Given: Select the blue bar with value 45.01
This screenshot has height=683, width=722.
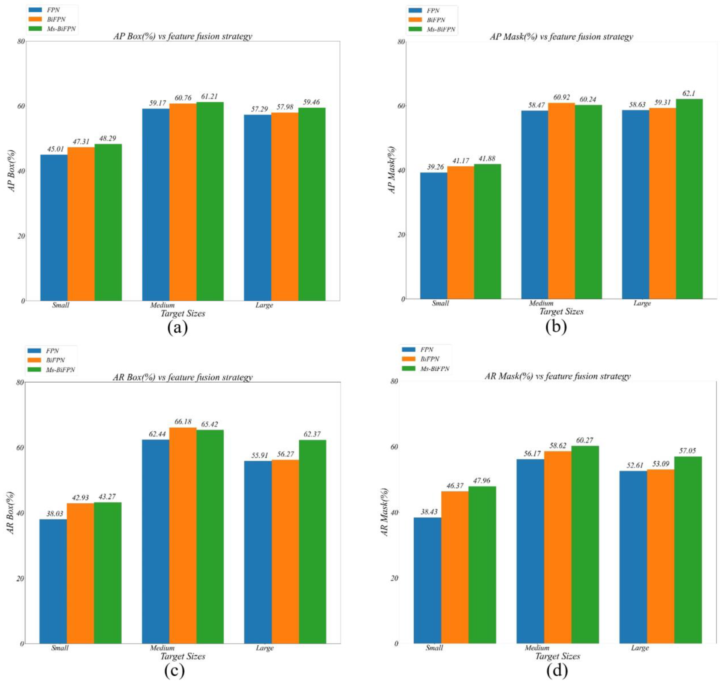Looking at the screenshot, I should (x=54, y=228).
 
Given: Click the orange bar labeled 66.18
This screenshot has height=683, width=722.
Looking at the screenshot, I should (x=183, y=535).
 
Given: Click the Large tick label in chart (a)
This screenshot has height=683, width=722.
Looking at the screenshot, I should (x=264, y=305).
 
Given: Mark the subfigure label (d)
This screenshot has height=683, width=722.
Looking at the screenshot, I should (x=557, y=670).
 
